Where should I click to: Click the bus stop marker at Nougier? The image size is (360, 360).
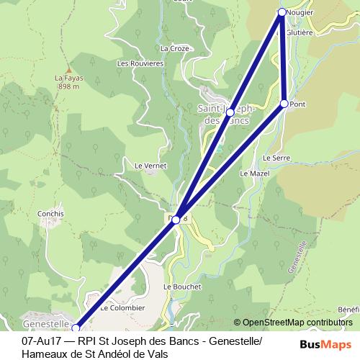coord(282,12)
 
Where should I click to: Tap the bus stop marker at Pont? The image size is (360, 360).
coord(284,104)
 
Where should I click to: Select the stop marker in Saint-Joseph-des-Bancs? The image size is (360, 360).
coord(230,112)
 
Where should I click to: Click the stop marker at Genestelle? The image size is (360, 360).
coord(75,328)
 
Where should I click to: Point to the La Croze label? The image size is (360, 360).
coord(175,48)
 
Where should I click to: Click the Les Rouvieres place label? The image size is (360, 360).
coord(140,63)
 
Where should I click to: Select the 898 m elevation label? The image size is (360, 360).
coord(68,86)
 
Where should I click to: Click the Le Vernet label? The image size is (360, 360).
coord(150,165)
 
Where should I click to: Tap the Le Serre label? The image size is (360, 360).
coord(276,157)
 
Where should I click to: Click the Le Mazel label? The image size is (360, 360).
coord(253,174)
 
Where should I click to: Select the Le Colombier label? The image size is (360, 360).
coord(122,307)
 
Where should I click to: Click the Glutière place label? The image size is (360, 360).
coord(300,32)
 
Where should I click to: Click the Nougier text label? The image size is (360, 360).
coord(300,13)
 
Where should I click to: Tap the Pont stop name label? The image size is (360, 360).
coord(299,104)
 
